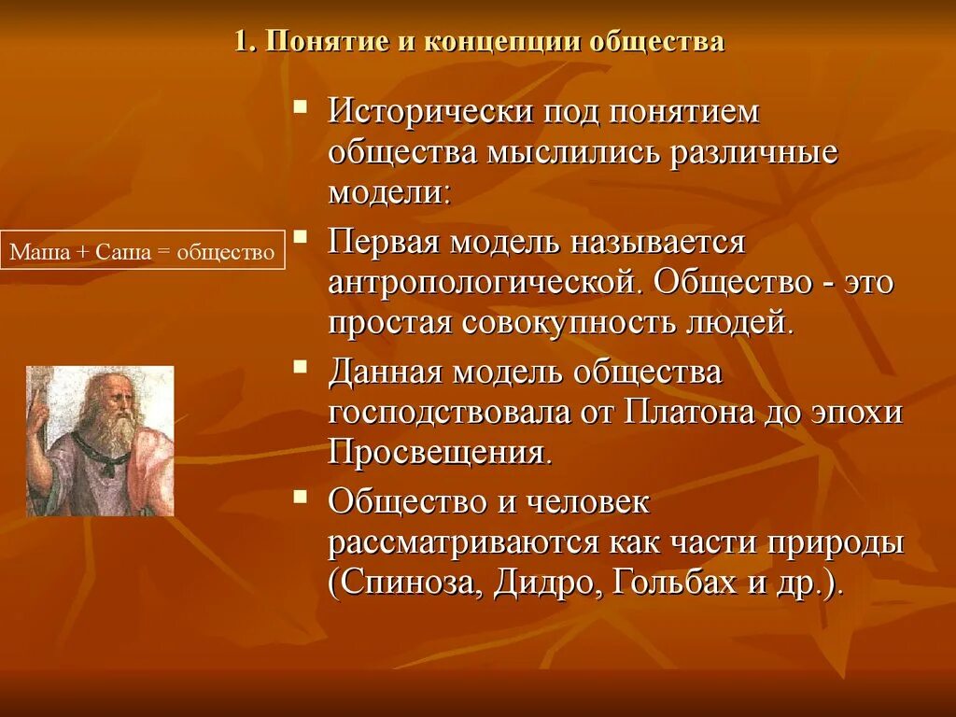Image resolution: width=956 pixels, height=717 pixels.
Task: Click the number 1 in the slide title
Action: point(239,44)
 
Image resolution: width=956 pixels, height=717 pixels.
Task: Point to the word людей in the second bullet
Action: point(742,322)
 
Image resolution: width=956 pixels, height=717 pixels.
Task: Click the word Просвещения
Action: point(434,453)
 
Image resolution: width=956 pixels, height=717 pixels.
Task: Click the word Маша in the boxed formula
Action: point(34,253)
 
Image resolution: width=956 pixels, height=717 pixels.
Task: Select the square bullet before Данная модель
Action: point(301,365)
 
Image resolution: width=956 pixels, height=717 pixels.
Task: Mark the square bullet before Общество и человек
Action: point(301,496)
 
